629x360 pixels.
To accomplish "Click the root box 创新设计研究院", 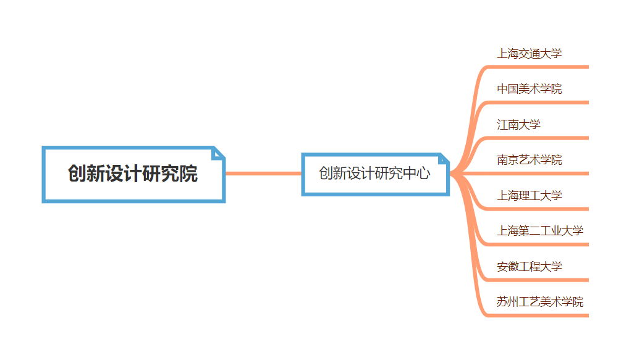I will tap(133, 174).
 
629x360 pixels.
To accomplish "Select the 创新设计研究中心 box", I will tap(374, 174).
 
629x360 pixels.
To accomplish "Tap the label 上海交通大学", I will tap(530, 54).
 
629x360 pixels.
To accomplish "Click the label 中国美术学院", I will tap(530, 89).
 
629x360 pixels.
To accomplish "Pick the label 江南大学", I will tap(518, 125).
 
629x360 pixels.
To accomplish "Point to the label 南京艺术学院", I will tap(530, 160).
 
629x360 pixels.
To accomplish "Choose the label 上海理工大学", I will tap(530, 196).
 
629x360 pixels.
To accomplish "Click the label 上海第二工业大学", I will tap(540, 231).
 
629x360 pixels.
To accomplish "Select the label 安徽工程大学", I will tap(530, 267).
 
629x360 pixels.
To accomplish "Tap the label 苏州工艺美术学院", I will tap(540, 302).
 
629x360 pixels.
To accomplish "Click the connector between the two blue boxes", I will tap(263, 174).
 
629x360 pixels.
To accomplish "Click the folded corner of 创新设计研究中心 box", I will tap(443, 159).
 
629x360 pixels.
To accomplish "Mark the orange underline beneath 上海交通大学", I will tap(538, 67).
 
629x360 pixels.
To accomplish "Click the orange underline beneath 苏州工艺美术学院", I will tap(538, 316).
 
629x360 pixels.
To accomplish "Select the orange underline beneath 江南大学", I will tap(538, 138).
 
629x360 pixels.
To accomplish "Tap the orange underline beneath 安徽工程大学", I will tap(538, 280).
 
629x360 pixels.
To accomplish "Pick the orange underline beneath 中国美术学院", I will tap(538, 103).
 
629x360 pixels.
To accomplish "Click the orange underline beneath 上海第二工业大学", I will tap(538, 245).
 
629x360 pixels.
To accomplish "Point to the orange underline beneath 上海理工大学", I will tap(538, 209).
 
